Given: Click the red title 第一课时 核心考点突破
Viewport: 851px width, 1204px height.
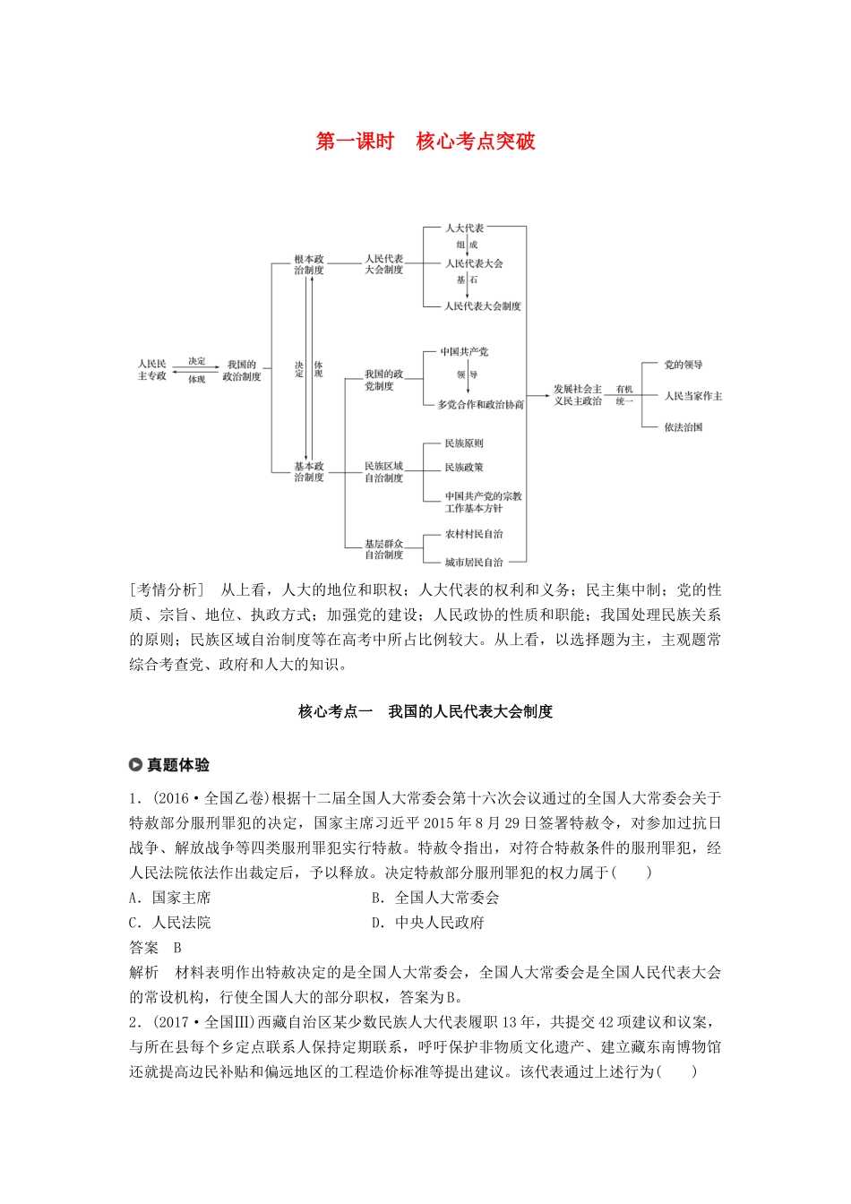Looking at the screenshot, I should point(425,142).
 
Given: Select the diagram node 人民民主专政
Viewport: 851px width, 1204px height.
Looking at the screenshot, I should point(152,370).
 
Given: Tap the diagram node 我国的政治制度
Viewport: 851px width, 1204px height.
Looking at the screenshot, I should point(242,371).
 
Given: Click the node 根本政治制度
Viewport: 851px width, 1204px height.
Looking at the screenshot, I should point(309,264).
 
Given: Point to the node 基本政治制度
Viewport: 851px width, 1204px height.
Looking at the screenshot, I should point(309,472).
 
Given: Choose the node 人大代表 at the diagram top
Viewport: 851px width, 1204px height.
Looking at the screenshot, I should point(465,228).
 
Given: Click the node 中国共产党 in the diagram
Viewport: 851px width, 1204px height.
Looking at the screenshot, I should point(464,352).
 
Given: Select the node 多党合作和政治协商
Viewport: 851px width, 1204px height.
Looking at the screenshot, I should point(480,405).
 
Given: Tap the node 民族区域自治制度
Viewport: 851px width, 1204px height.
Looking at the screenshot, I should point(383,472).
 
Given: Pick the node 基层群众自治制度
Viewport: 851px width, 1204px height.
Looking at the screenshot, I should point(383,549).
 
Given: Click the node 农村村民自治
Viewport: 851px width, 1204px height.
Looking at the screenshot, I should point(474,534).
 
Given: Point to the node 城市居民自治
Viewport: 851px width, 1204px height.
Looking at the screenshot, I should point(474,563).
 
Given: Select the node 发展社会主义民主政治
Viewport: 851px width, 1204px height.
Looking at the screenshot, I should point(578,395).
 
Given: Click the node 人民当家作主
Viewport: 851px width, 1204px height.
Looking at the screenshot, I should point(692,396).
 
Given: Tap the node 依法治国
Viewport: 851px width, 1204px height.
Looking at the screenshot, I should point(683,427).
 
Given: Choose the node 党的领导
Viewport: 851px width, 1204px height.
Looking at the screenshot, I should point(683,365).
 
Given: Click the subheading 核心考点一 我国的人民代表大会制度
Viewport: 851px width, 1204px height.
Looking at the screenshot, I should point(425,711).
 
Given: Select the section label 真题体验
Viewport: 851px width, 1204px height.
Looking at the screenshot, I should point(178,765).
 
